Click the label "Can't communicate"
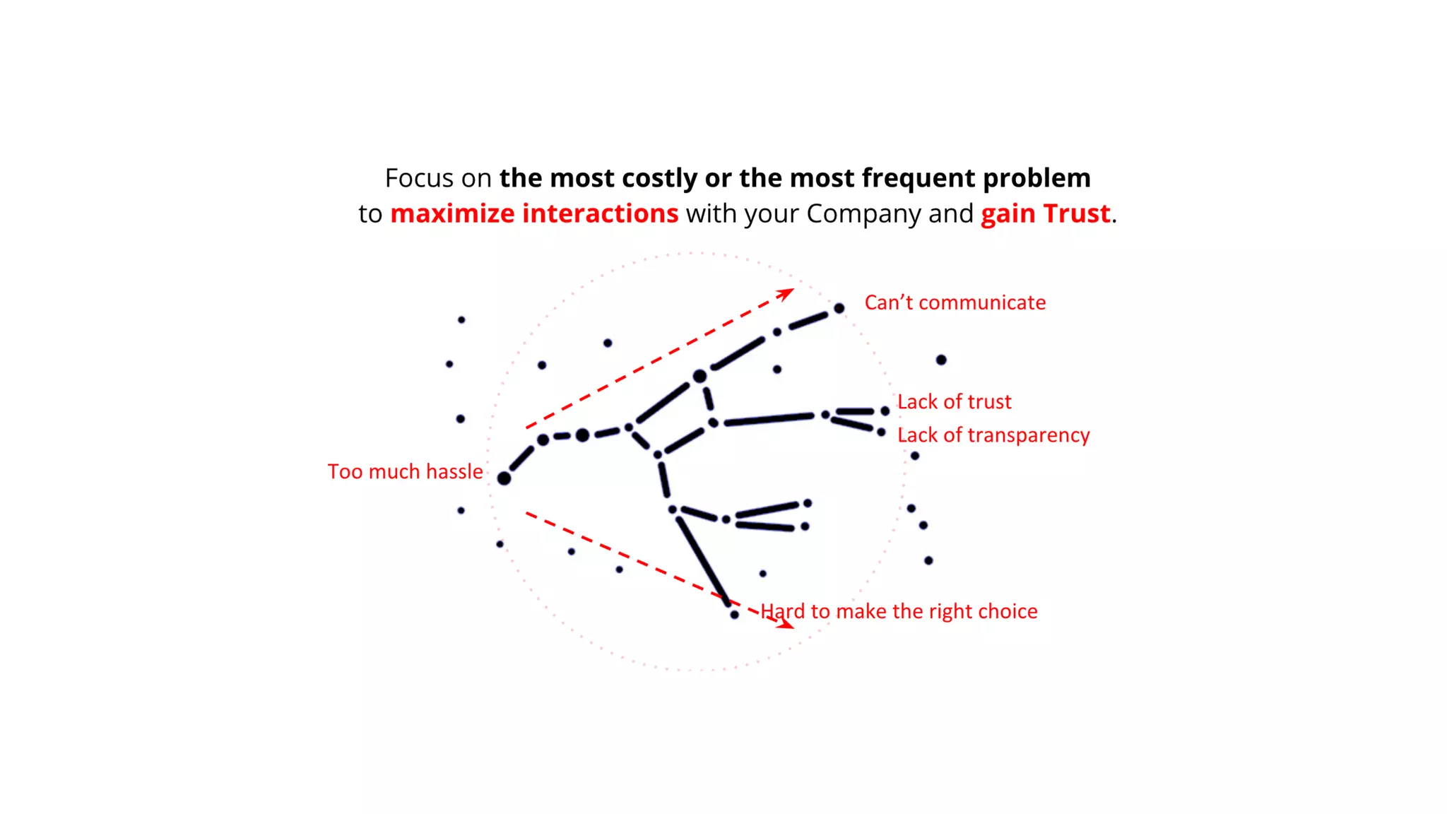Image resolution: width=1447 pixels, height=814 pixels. [955, 302]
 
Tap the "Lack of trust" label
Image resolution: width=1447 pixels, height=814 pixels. [954, 402]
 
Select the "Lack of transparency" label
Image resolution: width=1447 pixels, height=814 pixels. [993, 435]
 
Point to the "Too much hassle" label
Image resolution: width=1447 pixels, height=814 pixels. [405, 472]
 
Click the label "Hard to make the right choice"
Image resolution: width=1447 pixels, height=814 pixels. [899, 611]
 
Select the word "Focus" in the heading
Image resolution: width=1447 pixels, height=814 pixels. [419, 178]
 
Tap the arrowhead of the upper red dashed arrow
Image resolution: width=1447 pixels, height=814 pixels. [787, 293]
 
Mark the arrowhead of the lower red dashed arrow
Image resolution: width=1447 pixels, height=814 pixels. [786, 624]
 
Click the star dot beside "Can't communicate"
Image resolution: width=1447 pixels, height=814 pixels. [839, 308]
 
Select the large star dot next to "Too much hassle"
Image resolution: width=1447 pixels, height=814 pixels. [504, 478]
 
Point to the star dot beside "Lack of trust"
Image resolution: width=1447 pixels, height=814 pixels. [885, 411]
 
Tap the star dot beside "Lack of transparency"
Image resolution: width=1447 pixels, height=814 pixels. [881, 432]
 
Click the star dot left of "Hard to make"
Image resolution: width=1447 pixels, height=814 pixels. [734, 615]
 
